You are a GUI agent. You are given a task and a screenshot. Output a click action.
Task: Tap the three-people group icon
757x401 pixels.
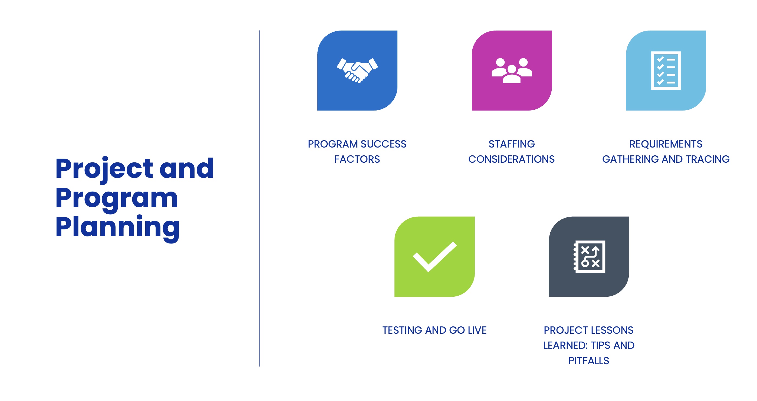[x=512, y=71]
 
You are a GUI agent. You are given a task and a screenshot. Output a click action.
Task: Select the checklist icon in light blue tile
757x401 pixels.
[x=666, y=71]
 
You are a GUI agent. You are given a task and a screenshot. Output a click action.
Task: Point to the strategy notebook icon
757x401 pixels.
[x=589, y=256]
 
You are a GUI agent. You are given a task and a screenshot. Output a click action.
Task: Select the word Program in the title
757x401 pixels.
[x=116, y=198]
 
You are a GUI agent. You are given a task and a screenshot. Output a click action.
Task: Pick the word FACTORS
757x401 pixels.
[x=357, y=159]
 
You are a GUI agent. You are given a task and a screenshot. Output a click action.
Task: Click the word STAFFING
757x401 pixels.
[x=512, y=144]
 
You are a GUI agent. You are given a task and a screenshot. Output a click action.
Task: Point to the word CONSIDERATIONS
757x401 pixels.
[x=511, y=159]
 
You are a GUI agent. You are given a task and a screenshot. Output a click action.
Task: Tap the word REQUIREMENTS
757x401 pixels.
[x=666, y=144]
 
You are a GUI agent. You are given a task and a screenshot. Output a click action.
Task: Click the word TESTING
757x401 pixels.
[x=402, y=330]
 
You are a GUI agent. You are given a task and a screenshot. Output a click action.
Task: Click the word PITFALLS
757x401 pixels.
[x=589, y=361]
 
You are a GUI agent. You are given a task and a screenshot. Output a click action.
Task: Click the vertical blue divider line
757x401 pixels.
[x=260, y=198]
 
